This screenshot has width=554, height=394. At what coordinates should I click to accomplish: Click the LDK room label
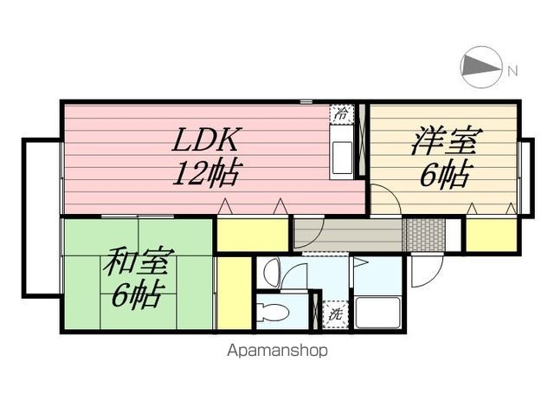coord(206,139)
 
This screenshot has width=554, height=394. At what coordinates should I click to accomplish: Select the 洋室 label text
coord(447,141)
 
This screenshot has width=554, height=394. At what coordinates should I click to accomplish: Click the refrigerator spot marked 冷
coord(341,114)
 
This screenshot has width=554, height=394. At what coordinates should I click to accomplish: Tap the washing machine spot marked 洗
coord(334,314)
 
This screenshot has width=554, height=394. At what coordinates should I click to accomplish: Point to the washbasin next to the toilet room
coord(272,271)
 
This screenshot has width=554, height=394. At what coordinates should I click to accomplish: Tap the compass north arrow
coord(481,67)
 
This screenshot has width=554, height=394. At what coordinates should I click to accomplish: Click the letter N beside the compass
coord(512,71)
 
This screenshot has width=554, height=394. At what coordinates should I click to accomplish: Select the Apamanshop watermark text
coord(277,351)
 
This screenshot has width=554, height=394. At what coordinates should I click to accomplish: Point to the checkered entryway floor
coord(423,235)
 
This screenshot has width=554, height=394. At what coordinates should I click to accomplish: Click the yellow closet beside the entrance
coord(492,235)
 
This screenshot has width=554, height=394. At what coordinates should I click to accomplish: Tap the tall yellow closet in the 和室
coord(233,294)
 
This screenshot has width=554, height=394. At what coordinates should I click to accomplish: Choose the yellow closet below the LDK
coord(253,235)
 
